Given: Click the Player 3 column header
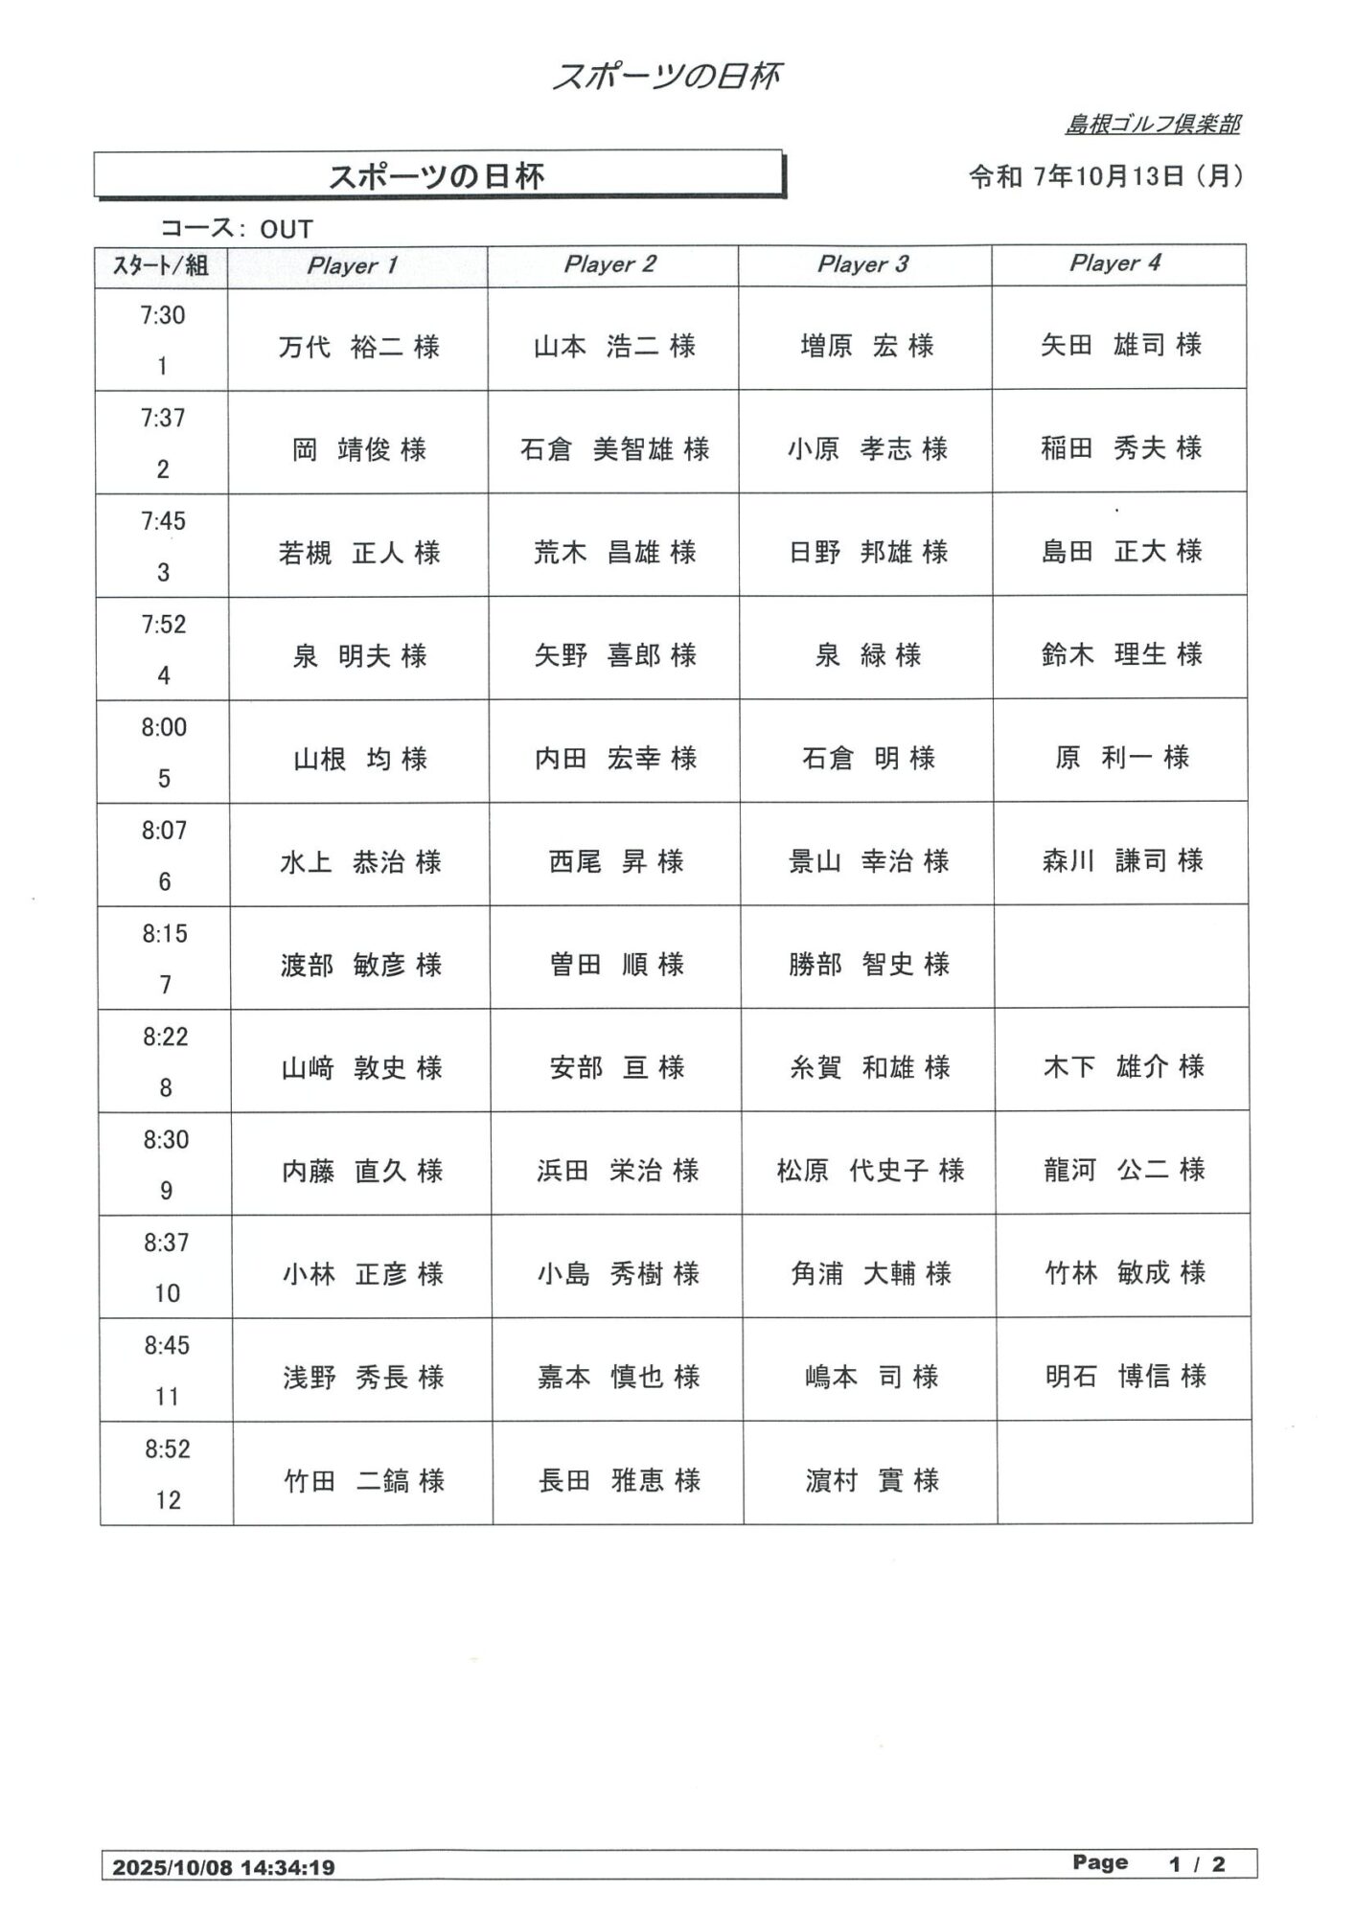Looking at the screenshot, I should click(x=862, y=264).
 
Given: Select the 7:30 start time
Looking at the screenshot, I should click(x=163, y=315).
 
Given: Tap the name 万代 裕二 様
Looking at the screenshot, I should click(x=358, y=346).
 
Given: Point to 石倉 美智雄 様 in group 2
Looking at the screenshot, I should click(x=614, y=448).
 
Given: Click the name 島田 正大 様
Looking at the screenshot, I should click(x=1121, y=551).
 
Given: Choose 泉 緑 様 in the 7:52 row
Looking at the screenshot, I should click(x=867, y=654).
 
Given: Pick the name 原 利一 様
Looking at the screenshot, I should click(x=1121, y=758).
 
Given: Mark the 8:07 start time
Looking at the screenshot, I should click(x=164, y=831).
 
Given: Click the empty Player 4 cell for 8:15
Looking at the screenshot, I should click(x=1122, y=957).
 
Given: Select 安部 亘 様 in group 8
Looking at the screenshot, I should click(x=616, y=1067).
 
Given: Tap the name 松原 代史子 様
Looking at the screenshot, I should click(x=870, y=1170).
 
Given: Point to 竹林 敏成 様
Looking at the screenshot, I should click(x=1124, y=1272).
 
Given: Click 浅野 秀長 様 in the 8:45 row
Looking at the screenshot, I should click(x=362, y=1377).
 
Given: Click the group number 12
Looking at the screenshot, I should click(x=168, y=1500).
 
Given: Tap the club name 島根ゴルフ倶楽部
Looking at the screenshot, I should click(x=1153, y=124).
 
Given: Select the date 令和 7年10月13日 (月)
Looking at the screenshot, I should click(x=1106, y=176).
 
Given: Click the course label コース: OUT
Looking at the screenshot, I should click(x=236, y=229).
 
